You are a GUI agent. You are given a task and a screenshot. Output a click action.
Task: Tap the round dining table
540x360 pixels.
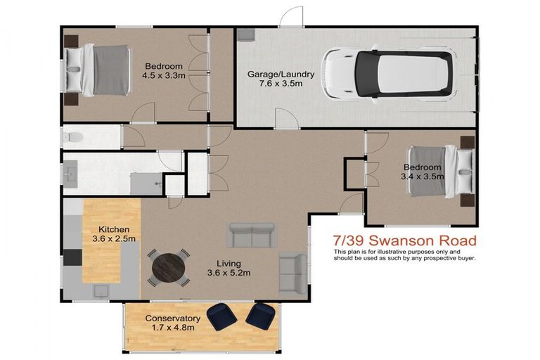pyautogui.click(x=168, y=267)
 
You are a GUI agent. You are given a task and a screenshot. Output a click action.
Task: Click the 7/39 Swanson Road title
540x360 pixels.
pyautogui.click(x=404, y=241)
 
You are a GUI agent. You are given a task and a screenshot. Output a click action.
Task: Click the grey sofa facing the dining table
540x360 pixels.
pyautogui.click(x=251, y=235)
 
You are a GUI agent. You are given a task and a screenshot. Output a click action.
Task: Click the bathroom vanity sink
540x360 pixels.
pyautogui.click(x=70, y=173)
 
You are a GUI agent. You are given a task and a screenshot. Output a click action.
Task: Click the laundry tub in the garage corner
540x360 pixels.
pyautogui.click(x=245, y=36)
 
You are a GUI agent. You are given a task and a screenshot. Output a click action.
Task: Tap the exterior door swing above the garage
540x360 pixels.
pyautogui.click(x=291, y=17)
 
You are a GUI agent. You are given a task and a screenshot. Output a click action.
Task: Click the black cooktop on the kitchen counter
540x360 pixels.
pyautogui.click(x=72, y=257)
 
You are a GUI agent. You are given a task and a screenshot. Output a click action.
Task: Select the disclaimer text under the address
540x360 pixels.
pyautogui.click(x=404, y=255)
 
